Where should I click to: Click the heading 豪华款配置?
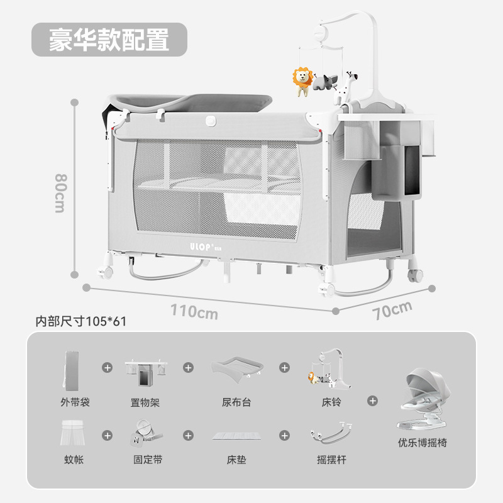109,40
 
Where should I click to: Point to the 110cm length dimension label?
194,311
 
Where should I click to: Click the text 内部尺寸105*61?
81,321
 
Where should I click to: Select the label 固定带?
148,460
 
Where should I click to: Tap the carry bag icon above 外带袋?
70,370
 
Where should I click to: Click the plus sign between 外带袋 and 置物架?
108,367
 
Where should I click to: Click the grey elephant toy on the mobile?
326,82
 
